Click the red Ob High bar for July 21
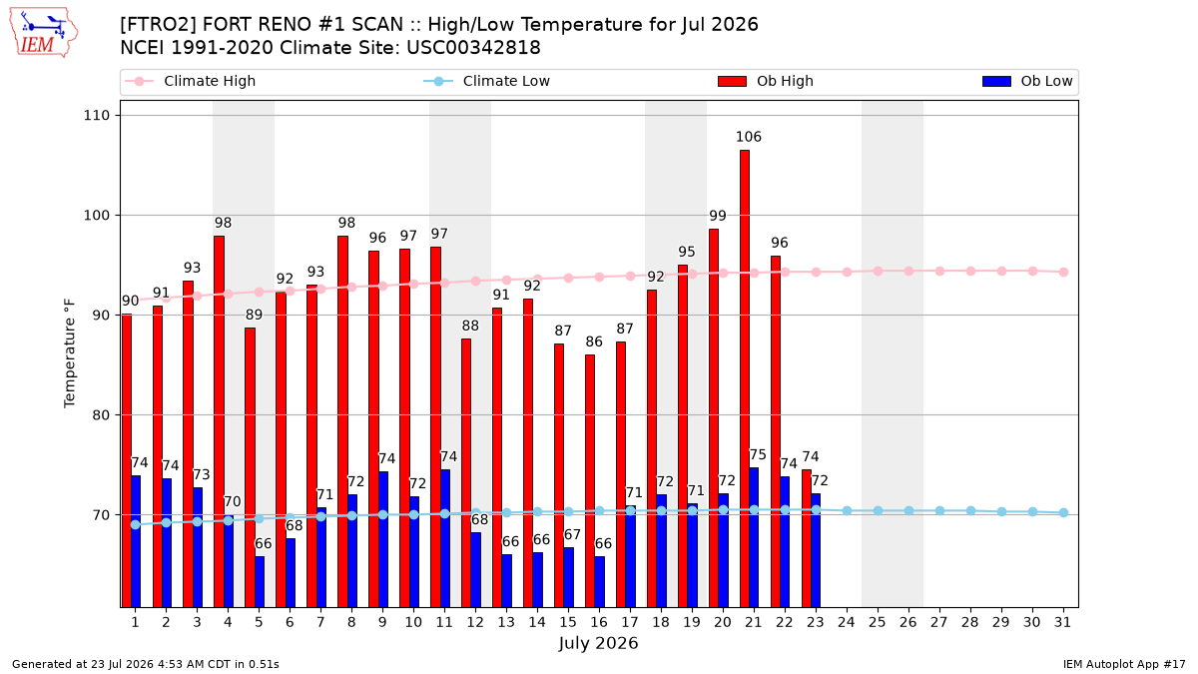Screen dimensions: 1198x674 pos(745,378)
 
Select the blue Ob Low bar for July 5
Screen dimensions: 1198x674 pos(260,582)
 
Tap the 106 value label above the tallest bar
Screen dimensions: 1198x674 pos(748,137)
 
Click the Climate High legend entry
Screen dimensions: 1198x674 pos(190,81)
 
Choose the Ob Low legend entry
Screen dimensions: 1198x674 pos(1027,81)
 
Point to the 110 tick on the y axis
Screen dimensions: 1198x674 pos(96,115)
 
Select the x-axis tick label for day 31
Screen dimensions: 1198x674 pos(1062,623)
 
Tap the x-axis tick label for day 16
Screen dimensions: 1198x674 pos(599,623)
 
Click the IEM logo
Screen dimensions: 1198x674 pos(43,33)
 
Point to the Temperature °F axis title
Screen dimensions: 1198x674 pos(70,353)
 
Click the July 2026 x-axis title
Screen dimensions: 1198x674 pos(598,643)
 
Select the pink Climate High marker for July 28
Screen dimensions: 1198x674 pos(970,272)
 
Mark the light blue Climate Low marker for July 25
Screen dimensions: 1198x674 pos(878,511)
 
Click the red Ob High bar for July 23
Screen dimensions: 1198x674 pos(807,538)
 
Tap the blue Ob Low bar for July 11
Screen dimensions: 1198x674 pos(445,538)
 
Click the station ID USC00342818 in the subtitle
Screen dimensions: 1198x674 pos(473,48)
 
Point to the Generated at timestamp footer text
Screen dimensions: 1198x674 pos(146,664)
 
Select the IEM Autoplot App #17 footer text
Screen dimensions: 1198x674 pos(1124,664)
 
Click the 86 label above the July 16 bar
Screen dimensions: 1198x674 pos(594,341)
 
